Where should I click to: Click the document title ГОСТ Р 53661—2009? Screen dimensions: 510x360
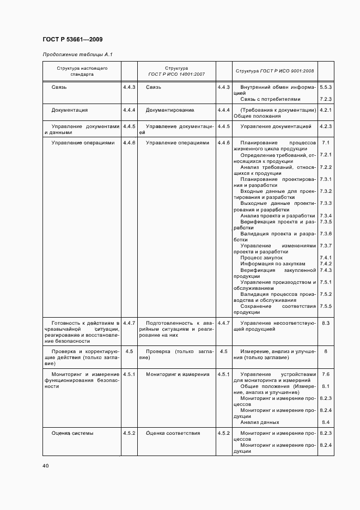72,39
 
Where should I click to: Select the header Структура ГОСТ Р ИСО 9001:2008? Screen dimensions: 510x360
274,71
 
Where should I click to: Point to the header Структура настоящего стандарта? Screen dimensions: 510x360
82,71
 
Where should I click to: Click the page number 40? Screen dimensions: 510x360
45,465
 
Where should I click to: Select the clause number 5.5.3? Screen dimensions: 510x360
326,87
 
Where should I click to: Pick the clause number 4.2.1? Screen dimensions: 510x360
326,110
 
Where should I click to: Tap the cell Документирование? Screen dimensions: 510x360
169,110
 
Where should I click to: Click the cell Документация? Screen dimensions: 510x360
69,110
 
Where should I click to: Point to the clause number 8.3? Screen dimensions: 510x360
326,323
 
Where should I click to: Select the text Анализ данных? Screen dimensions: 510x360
260,422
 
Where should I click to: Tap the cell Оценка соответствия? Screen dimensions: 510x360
173,433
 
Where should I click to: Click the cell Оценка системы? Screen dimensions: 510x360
72,433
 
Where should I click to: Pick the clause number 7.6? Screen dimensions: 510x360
326,374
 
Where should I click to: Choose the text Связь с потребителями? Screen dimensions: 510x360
270,99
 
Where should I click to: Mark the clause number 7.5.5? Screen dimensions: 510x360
326,306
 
